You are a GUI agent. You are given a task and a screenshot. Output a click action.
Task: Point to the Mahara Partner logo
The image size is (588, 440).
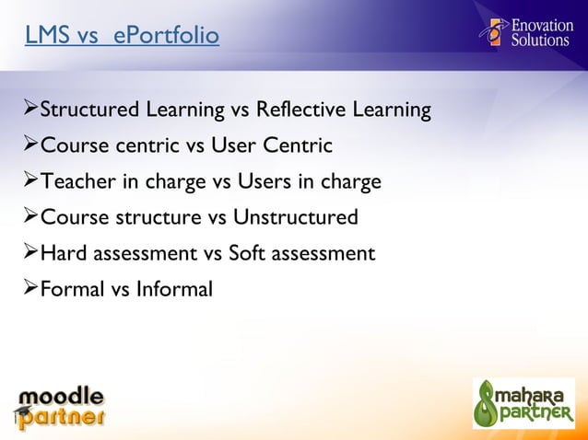click(x=523, y=403)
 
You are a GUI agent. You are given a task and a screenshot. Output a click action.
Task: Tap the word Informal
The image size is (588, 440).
click(x=174, y=290)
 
